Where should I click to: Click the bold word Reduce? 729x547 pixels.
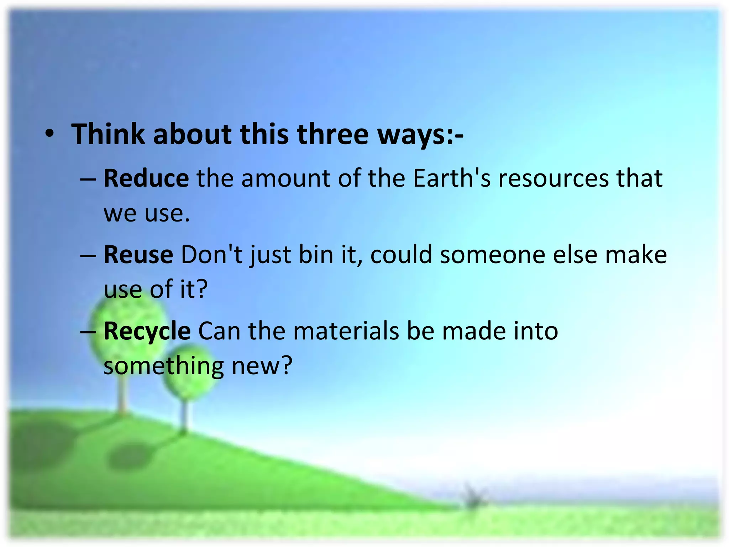[x=146, y=178]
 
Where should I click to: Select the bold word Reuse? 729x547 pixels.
[x=138, y=255]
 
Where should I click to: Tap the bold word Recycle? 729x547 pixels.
[x=147, y=331]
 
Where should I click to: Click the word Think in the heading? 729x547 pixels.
[x=108, y=134]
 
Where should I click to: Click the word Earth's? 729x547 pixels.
[x=452, y=178]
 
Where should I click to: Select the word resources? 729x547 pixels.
[x=554, y=178]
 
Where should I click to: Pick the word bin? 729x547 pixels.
[x=316, y=255]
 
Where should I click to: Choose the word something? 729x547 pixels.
[x=163, y=366]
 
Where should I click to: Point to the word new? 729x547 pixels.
[x=262, y=366]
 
